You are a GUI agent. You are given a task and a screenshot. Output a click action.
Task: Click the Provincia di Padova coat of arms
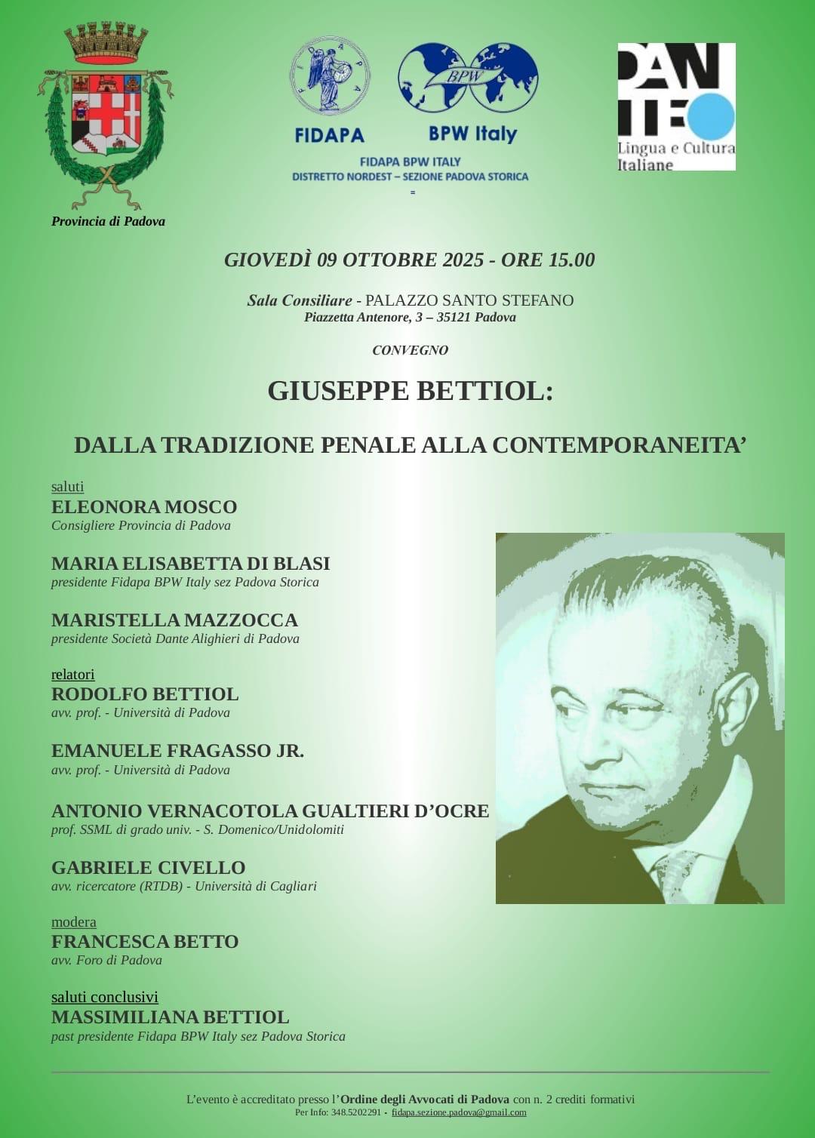tap(106, 113)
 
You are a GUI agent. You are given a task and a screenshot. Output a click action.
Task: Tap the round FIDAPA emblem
tap(330, 76)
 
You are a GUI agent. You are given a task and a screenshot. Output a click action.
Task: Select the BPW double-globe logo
tap(468, 77)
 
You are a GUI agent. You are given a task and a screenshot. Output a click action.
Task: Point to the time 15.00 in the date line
tap(571, 260)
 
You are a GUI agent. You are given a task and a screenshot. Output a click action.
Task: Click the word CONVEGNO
tap(410, 350)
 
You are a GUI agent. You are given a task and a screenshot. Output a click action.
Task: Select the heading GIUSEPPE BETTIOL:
tap(410, 391)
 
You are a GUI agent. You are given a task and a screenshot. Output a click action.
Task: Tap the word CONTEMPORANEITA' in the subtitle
tap(619, 445)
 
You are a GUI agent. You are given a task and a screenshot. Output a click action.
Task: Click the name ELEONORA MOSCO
tap(144, 507)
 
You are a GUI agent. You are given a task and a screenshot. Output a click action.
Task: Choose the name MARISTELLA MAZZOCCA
tap(174, 620)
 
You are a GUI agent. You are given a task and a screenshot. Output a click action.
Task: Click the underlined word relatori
tap(72, 674)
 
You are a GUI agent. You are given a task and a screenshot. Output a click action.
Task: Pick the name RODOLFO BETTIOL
tap(145, 694)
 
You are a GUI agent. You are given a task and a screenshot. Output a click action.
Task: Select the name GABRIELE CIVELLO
tap(149, 868)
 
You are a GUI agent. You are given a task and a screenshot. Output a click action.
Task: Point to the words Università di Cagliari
tap(256, 886)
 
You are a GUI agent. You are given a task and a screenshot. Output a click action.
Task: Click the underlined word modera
tap(73, 921)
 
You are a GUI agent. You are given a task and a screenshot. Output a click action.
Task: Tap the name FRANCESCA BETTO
tap(145, 942)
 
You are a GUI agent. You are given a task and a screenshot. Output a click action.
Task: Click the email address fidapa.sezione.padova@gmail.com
tap(459, 1112)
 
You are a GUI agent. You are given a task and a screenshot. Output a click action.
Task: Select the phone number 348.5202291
tap(355, 1112)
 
